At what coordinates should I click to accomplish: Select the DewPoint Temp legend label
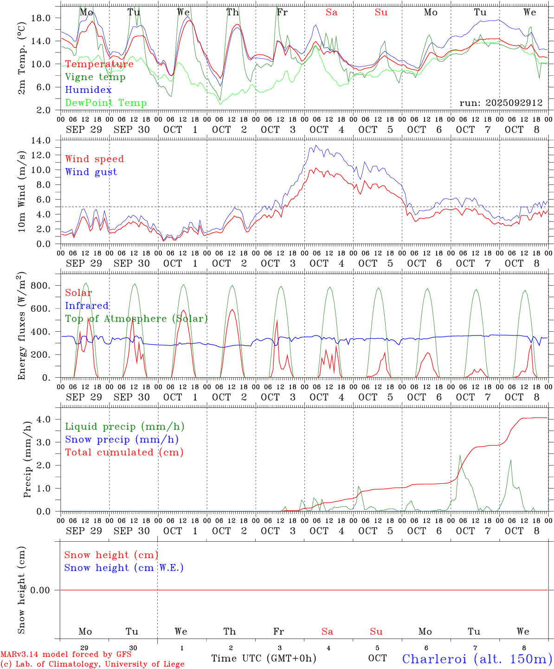coord(106,103)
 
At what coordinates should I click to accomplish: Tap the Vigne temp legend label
coord(95,77)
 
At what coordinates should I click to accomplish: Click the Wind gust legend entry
coord(91,172)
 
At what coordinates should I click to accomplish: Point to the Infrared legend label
coord(87,306)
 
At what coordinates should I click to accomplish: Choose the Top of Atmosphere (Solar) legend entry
coord(136,319)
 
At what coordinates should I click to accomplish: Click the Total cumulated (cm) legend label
coord(124,452)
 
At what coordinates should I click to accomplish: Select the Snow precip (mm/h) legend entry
coord(122,439)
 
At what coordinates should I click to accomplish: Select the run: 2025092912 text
coord(501,103)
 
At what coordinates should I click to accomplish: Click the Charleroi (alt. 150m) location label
coord(477,658)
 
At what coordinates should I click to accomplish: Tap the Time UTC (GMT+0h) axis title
coord(264,658)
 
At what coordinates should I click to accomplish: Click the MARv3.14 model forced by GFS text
coord(66,654)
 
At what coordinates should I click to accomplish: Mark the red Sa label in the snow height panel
coord(327,631)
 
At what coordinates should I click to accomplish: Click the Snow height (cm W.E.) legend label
coord(124,568)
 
